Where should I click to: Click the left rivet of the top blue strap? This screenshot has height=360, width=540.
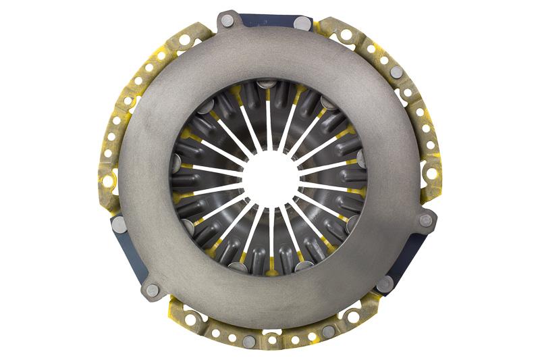point(228,21)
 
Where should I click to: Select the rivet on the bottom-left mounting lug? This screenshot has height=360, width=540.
point(153,290)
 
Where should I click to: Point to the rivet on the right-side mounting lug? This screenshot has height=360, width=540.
point(426,220)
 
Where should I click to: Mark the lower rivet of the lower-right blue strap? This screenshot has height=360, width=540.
point(385,284)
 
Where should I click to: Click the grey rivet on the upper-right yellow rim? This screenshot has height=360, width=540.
point(397,72)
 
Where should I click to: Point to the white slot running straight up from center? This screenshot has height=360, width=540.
point(269,125)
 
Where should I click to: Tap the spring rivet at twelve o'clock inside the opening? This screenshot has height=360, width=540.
point(268,84)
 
